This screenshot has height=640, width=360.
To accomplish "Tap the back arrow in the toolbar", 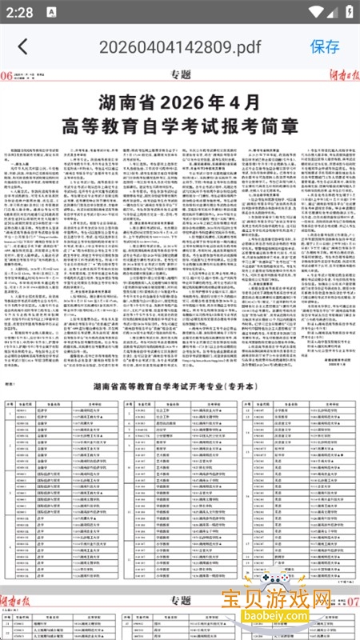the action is (23, 46).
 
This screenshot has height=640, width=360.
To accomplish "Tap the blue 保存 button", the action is (325, 46).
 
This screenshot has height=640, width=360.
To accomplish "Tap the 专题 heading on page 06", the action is (181, 76).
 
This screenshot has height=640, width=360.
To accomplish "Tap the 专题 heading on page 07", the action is (181, 600).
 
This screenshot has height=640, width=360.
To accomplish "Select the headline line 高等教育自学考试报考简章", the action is (181, 126).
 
